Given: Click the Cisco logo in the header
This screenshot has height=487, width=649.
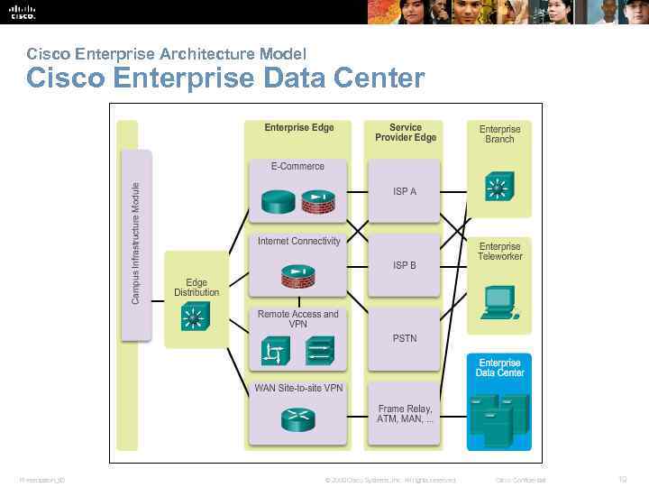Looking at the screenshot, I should (23, 12).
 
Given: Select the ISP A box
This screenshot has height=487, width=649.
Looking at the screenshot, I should (404, 191).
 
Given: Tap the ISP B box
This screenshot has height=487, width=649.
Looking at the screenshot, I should (404, 265).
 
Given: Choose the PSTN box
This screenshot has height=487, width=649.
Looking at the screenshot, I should (404, 338).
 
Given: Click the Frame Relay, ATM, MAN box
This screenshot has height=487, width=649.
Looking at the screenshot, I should (404, 414).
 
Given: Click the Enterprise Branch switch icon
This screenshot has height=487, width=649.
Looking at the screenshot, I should (498, 188).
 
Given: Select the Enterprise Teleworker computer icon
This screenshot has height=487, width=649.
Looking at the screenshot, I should (498, 303).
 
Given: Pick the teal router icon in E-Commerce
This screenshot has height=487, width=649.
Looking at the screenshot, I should (276, 200).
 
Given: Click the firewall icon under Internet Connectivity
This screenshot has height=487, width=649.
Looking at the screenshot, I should (297, 274).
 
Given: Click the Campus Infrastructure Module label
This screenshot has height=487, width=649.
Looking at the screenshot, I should (136, 243).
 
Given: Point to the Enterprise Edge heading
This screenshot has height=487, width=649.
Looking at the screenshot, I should (299, 128).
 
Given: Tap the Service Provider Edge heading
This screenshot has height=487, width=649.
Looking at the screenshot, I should (406, 133).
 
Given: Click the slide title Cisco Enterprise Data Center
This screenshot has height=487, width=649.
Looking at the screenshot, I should (225, 78).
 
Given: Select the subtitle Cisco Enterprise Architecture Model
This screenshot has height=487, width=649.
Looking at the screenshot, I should (167, 54).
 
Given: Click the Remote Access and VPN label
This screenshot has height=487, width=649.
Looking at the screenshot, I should (297, 319).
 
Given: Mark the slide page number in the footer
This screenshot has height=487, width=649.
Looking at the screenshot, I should (622, 480).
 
